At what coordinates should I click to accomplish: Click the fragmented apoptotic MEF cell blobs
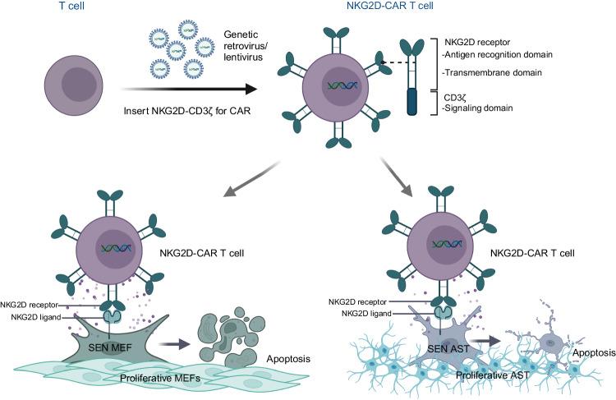tap(229, 329)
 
